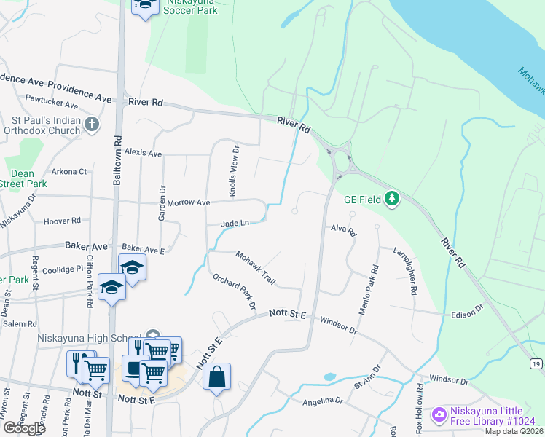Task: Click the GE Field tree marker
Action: (392, 198)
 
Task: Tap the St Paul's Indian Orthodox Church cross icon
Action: (92, 125)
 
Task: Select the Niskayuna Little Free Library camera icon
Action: (439, 414)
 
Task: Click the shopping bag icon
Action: (216, 377)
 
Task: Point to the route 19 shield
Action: (536, 363)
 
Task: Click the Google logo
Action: (23, 428)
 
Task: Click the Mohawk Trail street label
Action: (254, 267)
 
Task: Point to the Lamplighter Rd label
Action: (404, 271)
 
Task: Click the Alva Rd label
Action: (341, 230)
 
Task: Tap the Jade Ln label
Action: (235, 223)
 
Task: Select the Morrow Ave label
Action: (188, 202)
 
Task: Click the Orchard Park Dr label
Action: (234, 291)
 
